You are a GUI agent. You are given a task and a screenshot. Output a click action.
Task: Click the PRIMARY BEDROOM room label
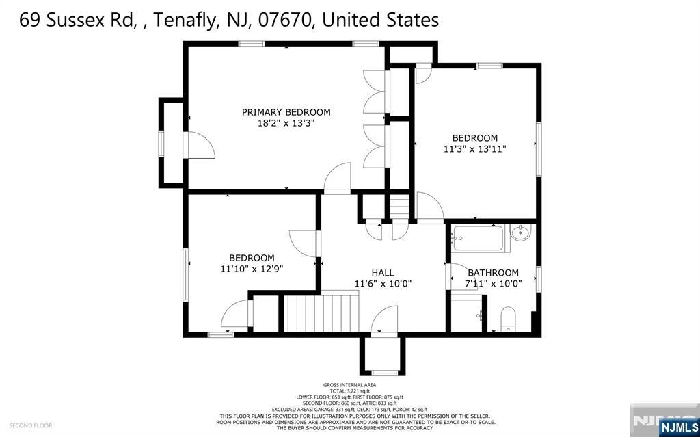click(x=286, y=112)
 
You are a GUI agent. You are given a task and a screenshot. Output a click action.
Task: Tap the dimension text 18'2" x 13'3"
click(x=286, y=124)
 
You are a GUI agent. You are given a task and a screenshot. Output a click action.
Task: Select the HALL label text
click(x=383, y=272)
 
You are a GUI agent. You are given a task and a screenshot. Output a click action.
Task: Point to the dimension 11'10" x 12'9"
click(x=252, y=269)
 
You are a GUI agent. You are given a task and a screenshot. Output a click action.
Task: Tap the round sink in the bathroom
click(x=521, y=234)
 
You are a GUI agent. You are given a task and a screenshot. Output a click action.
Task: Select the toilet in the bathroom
click(x=508, y=319)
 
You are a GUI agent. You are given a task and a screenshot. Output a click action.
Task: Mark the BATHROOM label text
click(x=493, y=272)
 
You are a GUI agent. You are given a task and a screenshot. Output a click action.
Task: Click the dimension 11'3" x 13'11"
click(x=474, y=148)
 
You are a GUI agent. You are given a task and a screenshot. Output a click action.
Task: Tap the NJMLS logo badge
click(x=679, y=427)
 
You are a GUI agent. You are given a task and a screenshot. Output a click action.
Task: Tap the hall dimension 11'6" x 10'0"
click(x=383, y=283)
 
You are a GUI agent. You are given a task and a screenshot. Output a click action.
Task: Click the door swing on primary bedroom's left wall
click(x=200, y=144)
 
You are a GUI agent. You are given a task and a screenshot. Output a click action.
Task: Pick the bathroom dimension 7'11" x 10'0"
click(x=493, y=283)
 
